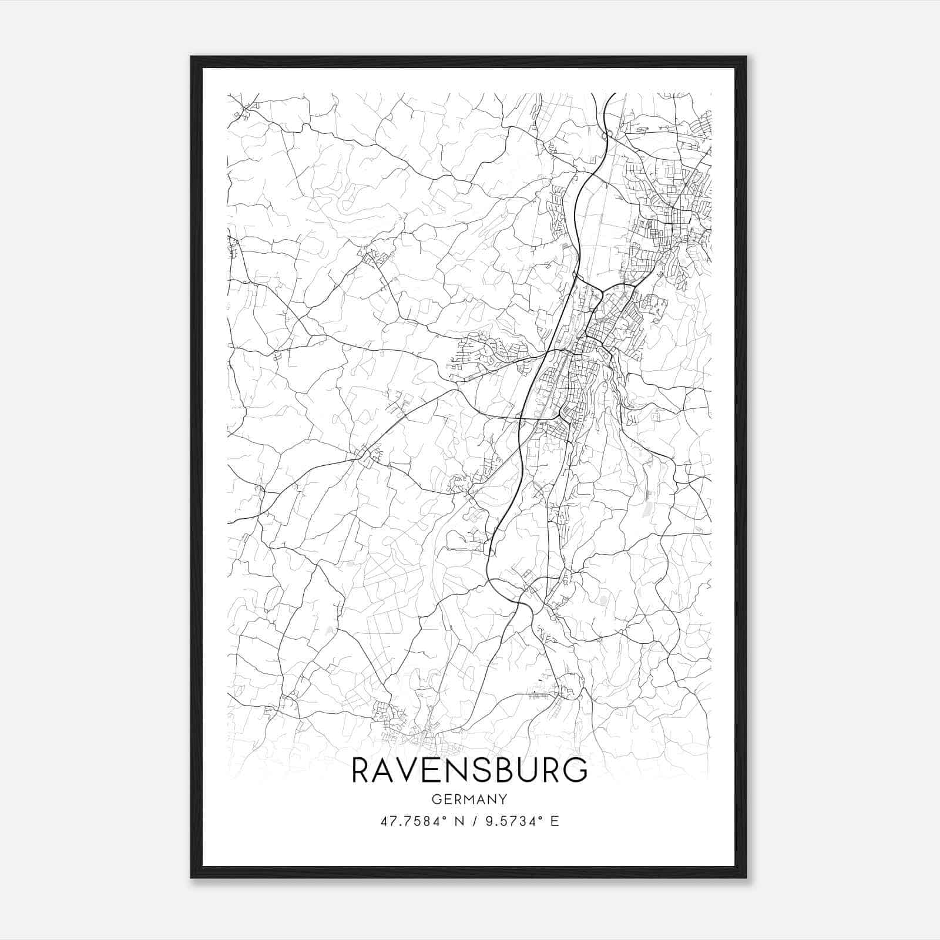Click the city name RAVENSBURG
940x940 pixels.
(469, 770)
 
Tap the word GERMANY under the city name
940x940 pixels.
(469, 799)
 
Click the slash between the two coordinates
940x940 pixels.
(470, 821)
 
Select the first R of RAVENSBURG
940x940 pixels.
(360, 770)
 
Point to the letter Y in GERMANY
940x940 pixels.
(502, 799)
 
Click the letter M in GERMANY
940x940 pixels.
(464, 799)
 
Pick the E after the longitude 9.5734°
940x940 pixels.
(555, 821)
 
